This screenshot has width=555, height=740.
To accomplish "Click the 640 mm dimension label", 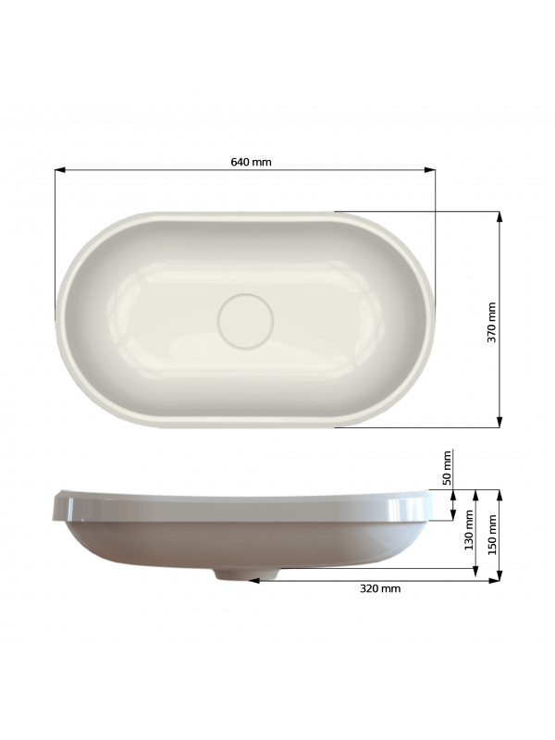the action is [251, 162].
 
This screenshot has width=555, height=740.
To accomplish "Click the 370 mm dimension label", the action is [492, 322].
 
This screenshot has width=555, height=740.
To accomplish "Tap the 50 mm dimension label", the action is [447, 468].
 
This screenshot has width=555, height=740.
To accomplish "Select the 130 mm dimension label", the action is [469, 530].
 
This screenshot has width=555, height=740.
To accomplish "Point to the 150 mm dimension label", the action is [492, 535].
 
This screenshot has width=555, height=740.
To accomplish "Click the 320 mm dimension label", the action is [380, 588].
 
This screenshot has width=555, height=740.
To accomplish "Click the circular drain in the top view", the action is [245, 321].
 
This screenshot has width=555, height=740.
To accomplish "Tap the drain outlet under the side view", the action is [247, 573].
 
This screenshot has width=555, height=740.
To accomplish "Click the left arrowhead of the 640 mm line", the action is [60, 170].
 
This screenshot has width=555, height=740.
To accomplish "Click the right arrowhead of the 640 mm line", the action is [429, 170].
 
